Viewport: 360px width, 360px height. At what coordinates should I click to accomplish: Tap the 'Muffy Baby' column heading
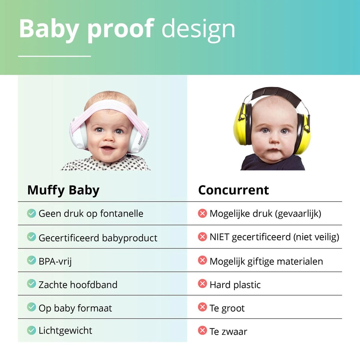tap(63, 190)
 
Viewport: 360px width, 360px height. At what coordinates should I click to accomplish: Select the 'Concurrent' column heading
tap(233, 190)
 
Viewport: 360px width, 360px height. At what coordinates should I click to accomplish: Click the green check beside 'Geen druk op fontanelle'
tap(31, 213)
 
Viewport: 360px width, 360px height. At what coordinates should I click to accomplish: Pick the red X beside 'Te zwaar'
tap(202, 330)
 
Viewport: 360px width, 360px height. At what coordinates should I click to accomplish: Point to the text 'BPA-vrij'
tap(55, 261)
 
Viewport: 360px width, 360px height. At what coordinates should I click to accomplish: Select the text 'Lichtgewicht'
tap(65, 331)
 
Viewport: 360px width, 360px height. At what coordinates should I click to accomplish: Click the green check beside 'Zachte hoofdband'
tap(31, 283)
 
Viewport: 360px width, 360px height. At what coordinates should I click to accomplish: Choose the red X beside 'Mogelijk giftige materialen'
tap(202, 260)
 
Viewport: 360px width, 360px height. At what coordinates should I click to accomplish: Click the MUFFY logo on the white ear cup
tap(140, 140)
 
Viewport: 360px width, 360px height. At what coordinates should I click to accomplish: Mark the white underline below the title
tap(54, 56)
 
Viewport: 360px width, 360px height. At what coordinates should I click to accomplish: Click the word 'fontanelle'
tap(121, 213)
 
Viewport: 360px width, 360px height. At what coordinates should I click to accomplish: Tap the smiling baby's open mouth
tap(107, 149)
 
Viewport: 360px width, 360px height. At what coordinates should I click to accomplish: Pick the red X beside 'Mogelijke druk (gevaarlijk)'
tap(202, 213)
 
